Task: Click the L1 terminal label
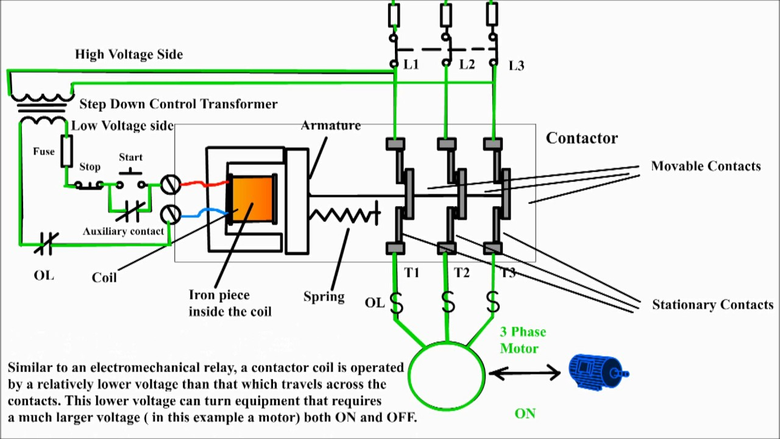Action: click(x=411, y=64)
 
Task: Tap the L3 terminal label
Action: click(x=516, y=66)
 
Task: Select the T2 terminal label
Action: click(x=462, y=273)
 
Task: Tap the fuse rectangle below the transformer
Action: click(x=66, y=151)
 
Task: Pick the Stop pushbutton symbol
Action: click(x=89, y=184)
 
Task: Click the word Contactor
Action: click(x=581, y=138)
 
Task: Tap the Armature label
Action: click(x=331, y=126)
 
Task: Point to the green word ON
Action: click(x=525, y=413)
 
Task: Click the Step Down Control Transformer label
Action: click(x=178, y=104)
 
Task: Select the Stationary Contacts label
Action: click(x=712, y=305)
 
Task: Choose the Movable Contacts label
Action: click(x=706, y=166)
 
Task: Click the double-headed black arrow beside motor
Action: click(x=525, y=372)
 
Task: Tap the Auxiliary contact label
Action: click(x=123, y=232)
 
